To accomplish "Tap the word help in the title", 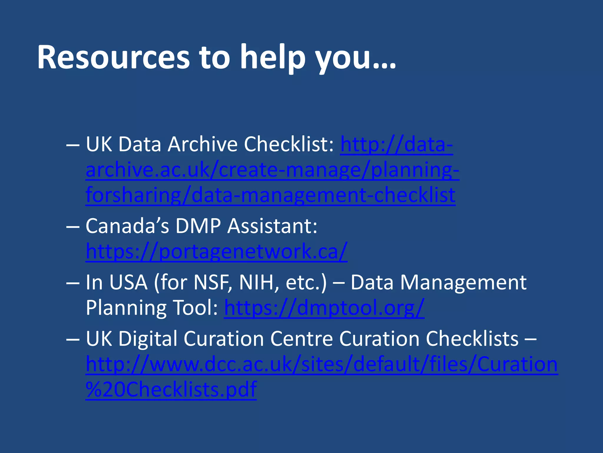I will click(x=273, y=58).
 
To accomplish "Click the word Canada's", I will click(x=127, y=226).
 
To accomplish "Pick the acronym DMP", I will click(x=198, y=226).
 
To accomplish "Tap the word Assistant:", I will click(x=273, y=226).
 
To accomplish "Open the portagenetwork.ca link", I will click(x=216, y=252).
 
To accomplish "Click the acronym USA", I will click(x=128, y=283).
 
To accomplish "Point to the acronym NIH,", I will click(x=259, y=283).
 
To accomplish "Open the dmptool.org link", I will click(x=324, y=308).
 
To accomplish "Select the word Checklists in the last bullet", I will click(x=472, y=339).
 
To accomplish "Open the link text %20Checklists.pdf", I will click(x=171, y=390).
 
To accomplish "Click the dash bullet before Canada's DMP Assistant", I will click(x=73, y=226).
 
